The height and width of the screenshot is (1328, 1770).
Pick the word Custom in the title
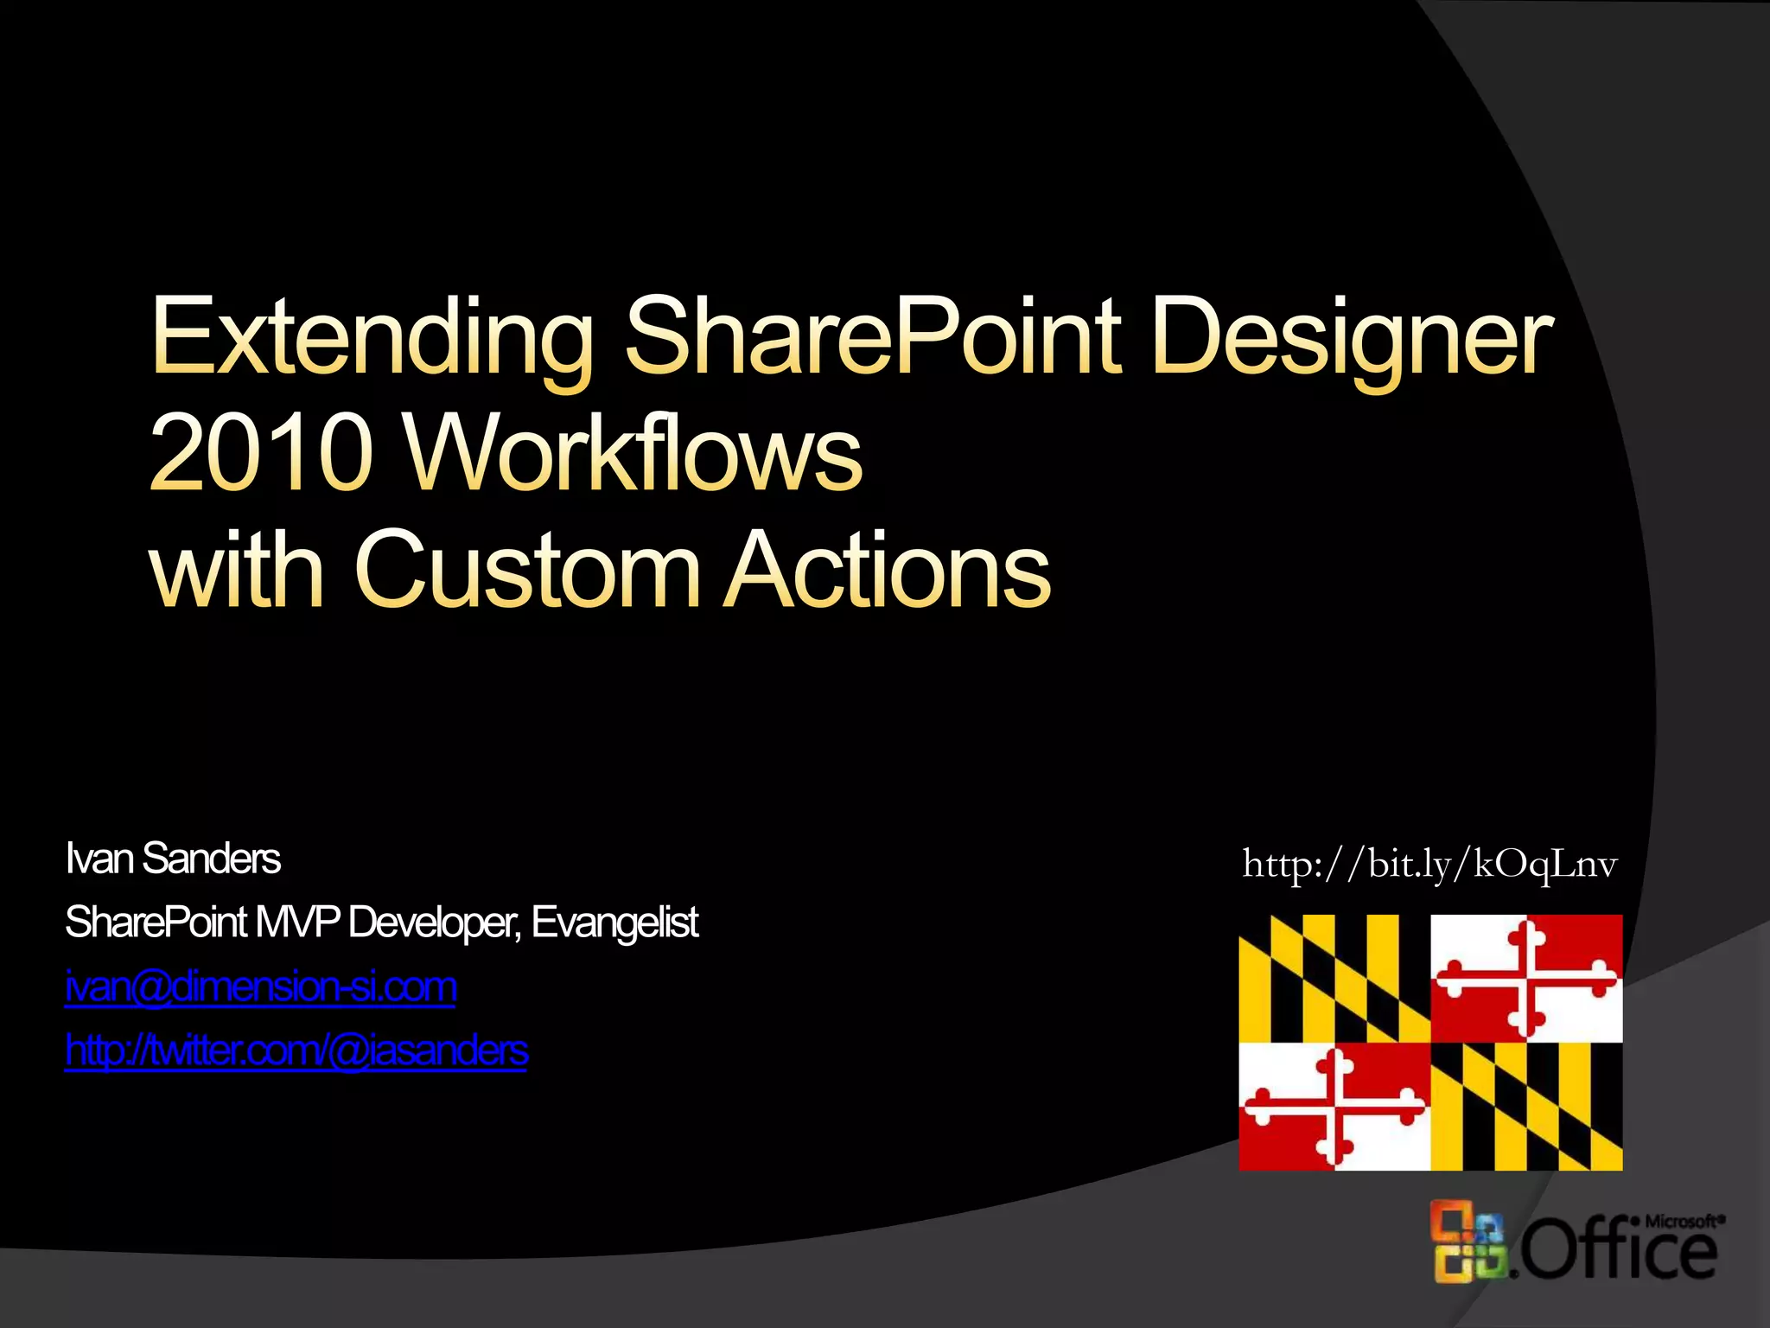(x=527, y=571)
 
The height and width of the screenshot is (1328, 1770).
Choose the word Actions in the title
(x=887, y=571)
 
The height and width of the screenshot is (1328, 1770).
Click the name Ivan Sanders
(x=173, y=859)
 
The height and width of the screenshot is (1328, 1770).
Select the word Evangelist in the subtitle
(x=614, y=923)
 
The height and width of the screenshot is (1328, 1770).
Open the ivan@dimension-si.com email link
(x=261, y=986)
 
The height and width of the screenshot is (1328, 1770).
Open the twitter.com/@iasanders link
(x=296, y=1050)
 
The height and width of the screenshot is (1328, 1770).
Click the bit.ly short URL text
(x=1429, y=864)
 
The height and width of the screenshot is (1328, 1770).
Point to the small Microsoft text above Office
(x=1684, y=1221)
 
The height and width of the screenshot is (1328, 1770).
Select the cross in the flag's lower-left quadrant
(x=1334, y=1106)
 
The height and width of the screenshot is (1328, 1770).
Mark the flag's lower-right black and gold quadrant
(x=1526, y=1106)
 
